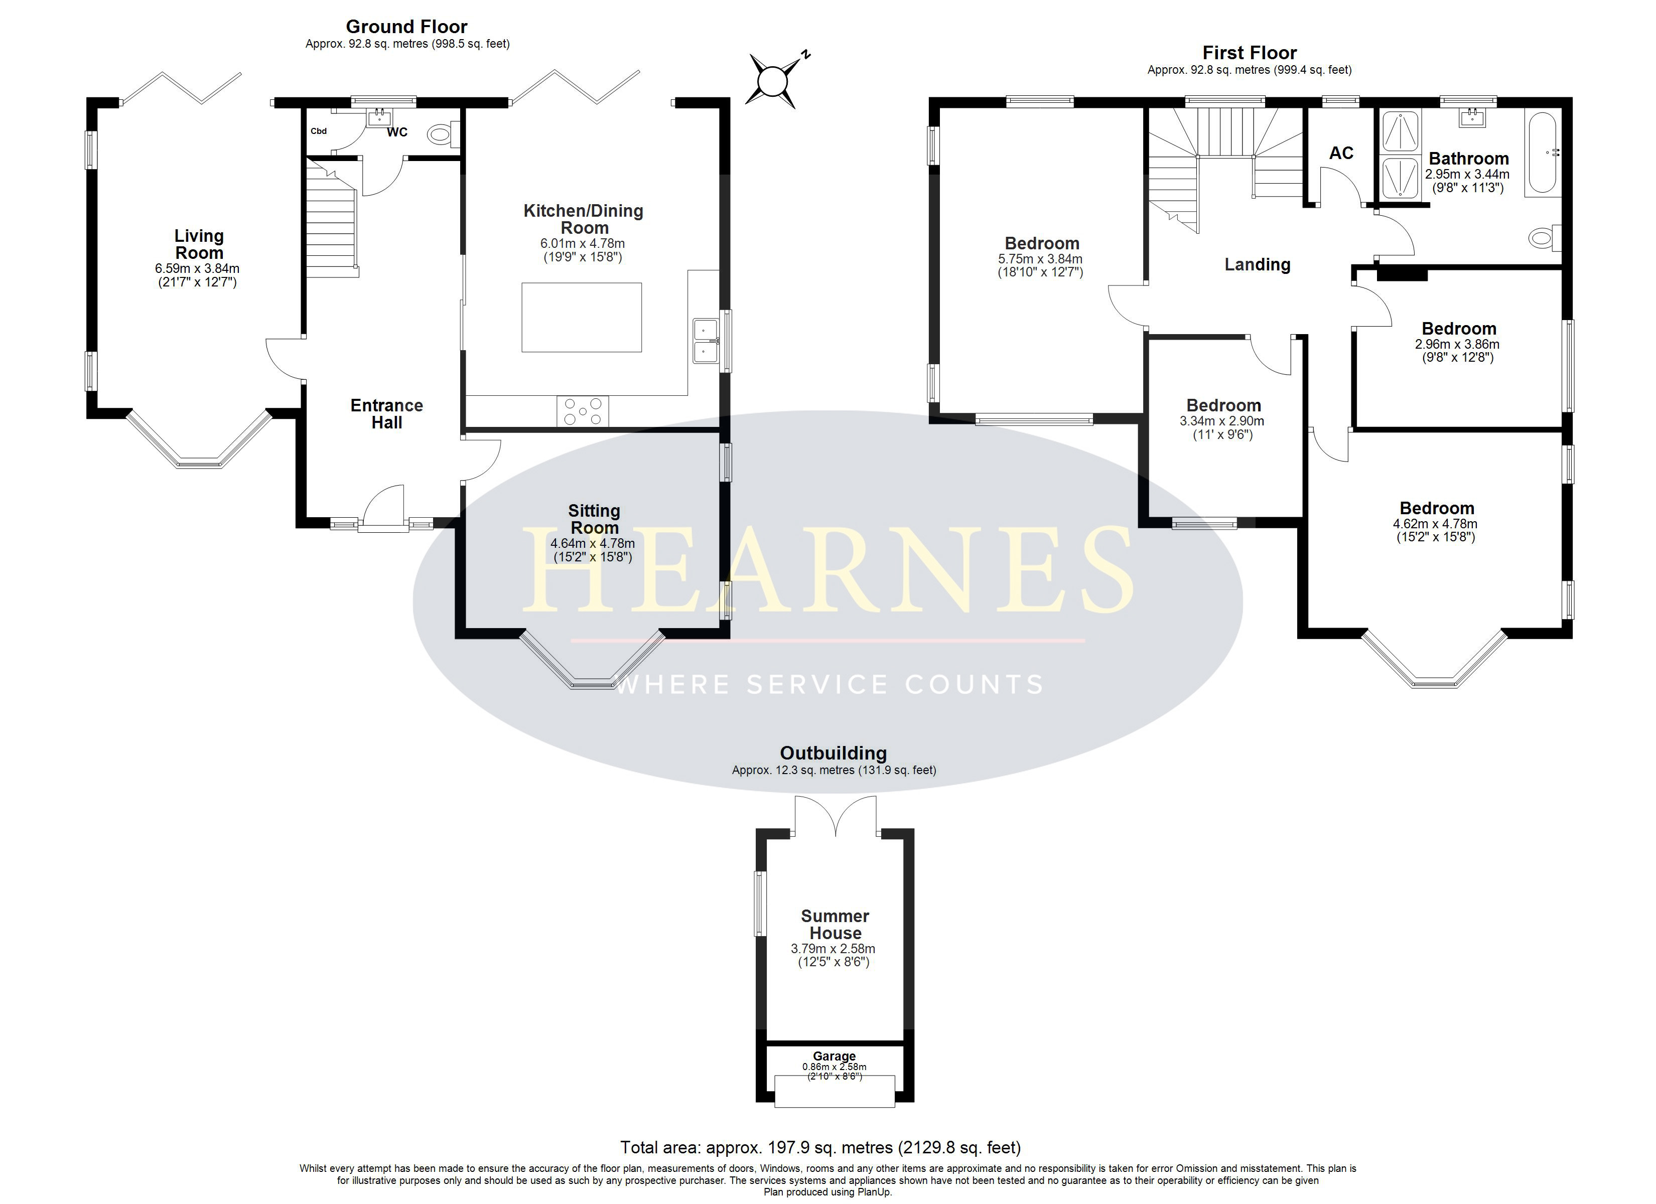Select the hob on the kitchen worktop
pyautogui.click(x=583, y=411)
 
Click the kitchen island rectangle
pyautogui.click(x=582, y=318)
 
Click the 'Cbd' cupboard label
pyautogui.click(x=318, y=131)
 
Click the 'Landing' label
pyautogui.click(x=1258, y=264)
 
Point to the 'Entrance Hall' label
pyautogui.click(x=387, y=414)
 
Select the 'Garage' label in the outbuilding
pyautogui.click(x=835, y=1056)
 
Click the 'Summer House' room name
pyautogui.click(x=836, y=925)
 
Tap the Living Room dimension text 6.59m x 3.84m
pyautogui.click(x=197, y=269)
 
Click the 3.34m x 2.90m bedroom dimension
pyautogui.click(x=1222, y=421)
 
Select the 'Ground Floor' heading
pyautogui.click(x=406, y=27)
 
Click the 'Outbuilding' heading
pyautogui.click(x=834, y=754)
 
